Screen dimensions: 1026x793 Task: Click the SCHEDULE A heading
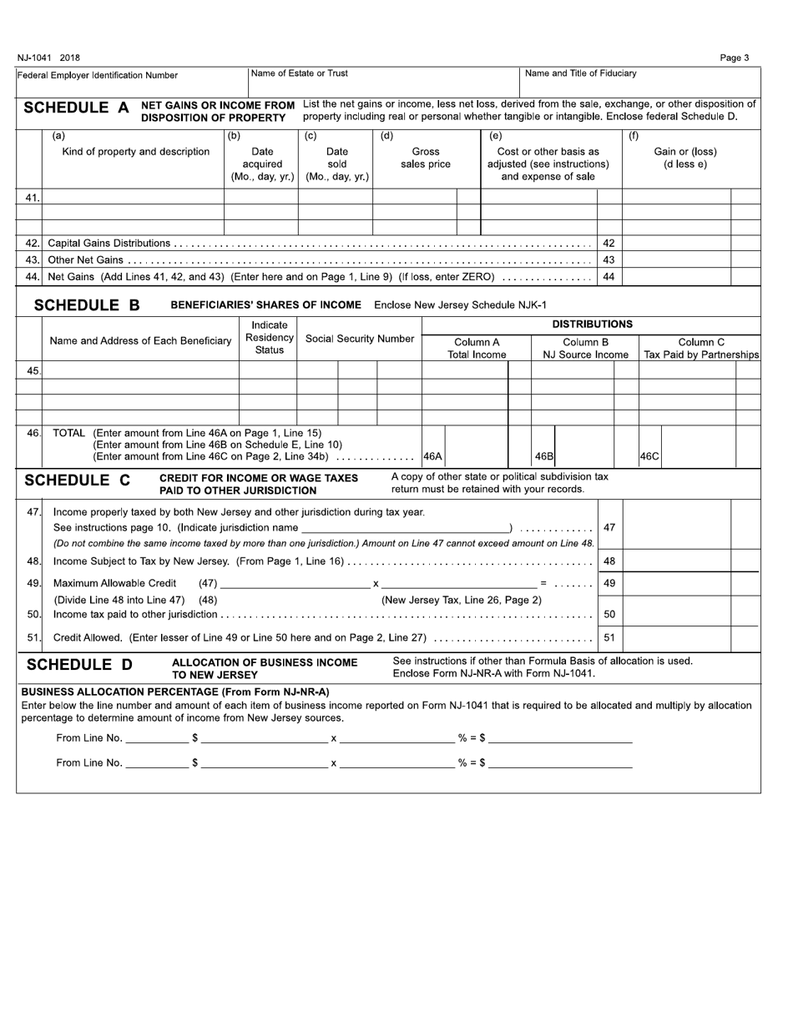pyautogui.click(x=77, y=108)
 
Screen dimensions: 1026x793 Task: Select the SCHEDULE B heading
pyautogui.click(x=87, y=305)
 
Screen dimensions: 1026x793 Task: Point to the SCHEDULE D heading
pyautogui.click(x=79, y=665)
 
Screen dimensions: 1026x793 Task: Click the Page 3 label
pyautogui.click(x=734, y=58)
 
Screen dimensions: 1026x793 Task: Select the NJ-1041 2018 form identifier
pyautogui.click(x=48, y=58)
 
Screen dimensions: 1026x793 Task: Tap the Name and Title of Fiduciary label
pyautogui.click(x=581, y=73)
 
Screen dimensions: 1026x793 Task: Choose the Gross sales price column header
pyautogui.click(x=426, y=158)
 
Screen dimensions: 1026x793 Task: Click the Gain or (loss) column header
pyautogui.click(x=684, y=158)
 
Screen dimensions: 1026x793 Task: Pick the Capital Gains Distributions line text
pyautogui.click(x=109, y=244)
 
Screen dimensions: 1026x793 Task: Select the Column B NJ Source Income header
pyautogui.click(x=585, y=349)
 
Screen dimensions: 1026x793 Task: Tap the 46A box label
pyautogui.click(x=432, y=457)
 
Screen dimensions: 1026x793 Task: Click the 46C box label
pyautogui.click(x=649, y=457)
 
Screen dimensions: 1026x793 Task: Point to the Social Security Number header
pyautogui.click(x=360, y=339)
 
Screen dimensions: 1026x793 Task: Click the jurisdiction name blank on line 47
pyautogui.click(x=405, y=528)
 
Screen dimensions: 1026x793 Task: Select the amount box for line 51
pyautogui.click(x=676, y=638)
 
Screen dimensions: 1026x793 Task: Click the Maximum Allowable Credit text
pyautogui.click(x=115, y=583)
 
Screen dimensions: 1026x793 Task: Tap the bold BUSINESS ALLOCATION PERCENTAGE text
pyautogui.click(x=174, y=692)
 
